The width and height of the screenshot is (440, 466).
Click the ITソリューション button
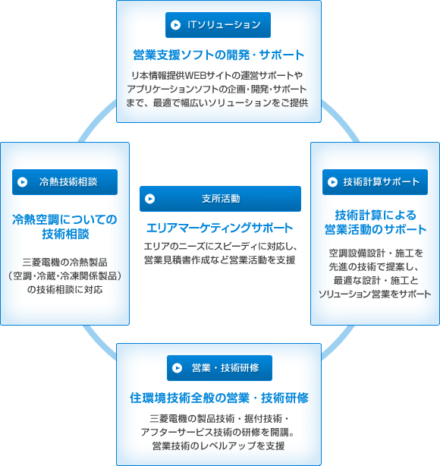pos(218,25)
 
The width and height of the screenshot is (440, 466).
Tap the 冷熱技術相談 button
pos(64,182)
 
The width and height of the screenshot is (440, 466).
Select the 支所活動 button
pos(220,199)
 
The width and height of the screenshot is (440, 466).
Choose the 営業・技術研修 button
pos(219,368)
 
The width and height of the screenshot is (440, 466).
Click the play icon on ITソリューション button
pos(175,25)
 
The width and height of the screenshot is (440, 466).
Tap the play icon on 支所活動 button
pos(149,199)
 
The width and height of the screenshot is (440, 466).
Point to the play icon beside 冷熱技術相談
pos(22,182)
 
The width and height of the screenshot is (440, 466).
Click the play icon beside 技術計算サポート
pos(332,182)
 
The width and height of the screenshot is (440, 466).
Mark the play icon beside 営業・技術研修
pos(177,368)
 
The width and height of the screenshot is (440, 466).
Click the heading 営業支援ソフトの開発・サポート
pos(218,55)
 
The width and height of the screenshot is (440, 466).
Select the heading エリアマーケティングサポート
pos(219,228)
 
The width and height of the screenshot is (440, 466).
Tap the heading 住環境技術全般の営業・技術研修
pos(219,398)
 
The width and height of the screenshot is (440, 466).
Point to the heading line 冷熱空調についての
pos(64,219)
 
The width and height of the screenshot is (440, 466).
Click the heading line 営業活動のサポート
pos(376,229)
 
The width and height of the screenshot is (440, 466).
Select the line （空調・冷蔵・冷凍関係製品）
pos(64,276)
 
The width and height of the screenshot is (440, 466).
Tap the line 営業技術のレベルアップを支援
pos(218,446)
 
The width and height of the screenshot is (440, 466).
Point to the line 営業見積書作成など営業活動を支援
pos(219,260)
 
